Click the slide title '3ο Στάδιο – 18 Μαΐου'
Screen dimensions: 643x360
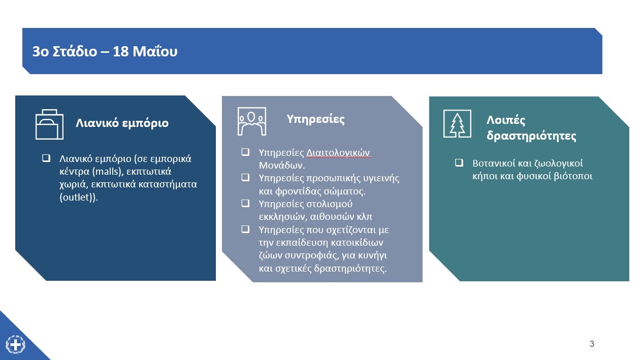coord(105,52)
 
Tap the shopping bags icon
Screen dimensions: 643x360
coord(49,124)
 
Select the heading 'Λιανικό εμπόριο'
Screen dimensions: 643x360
coord(122,123)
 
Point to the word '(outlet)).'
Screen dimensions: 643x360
coord(79,197)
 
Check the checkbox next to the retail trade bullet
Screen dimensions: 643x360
coord(46,158)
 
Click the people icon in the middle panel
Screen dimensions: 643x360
coord(252,121)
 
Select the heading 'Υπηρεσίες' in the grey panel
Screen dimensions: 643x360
coord(315,119)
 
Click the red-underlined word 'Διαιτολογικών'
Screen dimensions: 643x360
coord(338,153)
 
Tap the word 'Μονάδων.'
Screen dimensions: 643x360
coord(282,166)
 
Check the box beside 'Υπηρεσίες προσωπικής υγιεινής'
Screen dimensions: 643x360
coord(245,177)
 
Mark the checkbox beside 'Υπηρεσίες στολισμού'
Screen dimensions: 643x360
coord(245,203)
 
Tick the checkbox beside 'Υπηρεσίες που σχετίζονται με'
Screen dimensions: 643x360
coord(245,229)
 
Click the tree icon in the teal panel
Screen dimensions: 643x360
coord(457,123)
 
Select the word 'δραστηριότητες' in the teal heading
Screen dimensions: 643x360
coord(531,136)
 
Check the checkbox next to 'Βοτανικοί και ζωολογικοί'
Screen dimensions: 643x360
coord(459,163)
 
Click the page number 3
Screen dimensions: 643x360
coord(592,344)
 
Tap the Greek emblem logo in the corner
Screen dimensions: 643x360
coord(16,344)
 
